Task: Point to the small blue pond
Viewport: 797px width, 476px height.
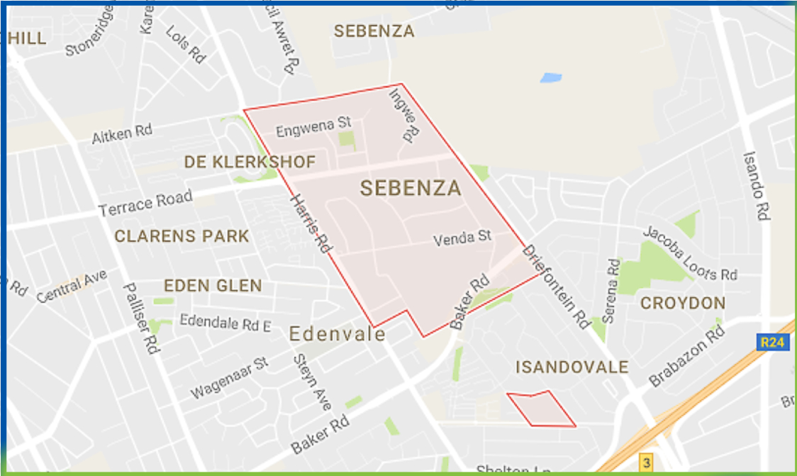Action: click(551, 77)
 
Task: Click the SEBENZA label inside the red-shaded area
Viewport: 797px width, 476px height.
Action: click(411, 189)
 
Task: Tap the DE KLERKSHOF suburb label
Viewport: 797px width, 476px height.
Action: click(250, 162)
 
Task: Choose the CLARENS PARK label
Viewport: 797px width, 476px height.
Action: click(182, 236)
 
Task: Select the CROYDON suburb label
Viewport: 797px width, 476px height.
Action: click(683, 304)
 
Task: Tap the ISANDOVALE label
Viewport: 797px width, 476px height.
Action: click(572, 367)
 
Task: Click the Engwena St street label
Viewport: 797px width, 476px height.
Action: click(314, 129)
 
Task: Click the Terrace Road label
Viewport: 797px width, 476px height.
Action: click(145, 204)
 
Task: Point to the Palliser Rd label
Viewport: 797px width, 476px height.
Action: click(141, 319)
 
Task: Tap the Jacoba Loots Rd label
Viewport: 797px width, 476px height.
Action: click(690, 253)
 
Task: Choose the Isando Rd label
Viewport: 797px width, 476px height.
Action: click(755, 186)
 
